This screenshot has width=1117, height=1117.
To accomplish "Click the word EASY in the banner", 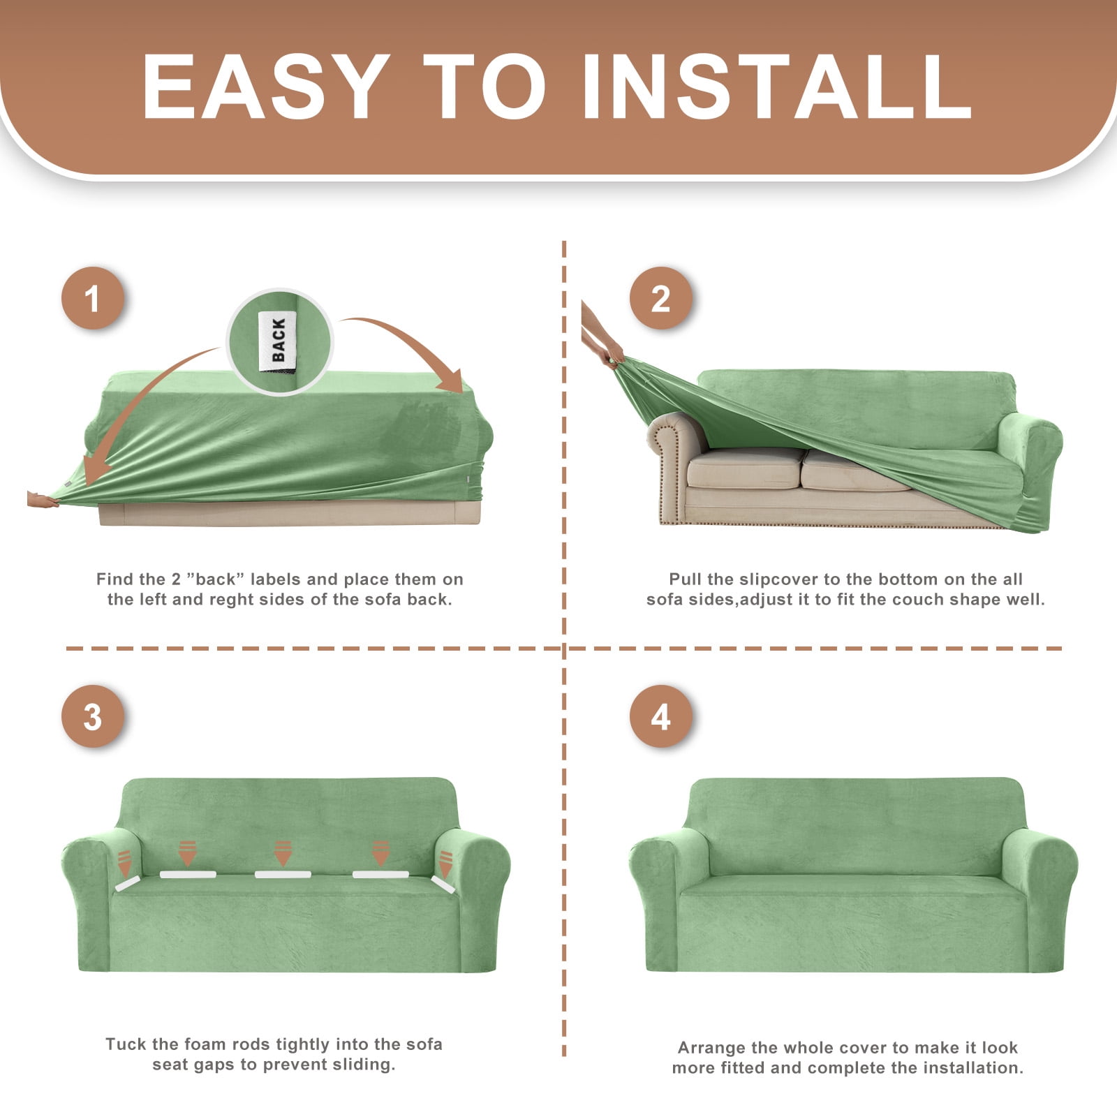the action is (x=266, y=87).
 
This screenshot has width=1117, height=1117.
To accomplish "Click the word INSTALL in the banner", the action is (x=776, y=87).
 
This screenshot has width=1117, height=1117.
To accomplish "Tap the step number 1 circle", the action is (x=93, y=299).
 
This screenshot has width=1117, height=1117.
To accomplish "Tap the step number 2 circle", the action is (x=660, y=299).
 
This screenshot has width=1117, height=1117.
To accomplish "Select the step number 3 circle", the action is (x=93, y=717).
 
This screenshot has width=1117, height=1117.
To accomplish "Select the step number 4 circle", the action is (x=660, y=717).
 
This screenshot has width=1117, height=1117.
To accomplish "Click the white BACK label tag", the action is (x=278, y=341).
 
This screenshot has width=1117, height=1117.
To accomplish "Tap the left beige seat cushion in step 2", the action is (x=745, y=468).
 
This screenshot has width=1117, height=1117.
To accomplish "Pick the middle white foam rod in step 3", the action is (x=283, y=874).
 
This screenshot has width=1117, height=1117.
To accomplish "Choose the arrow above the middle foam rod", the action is (x=283, y=853).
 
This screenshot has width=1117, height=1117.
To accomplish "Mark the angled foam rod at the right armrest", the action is (x=443, y=885).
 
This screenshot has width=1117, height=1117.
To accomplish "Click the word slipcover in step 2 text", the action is (x=778, y=579).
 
